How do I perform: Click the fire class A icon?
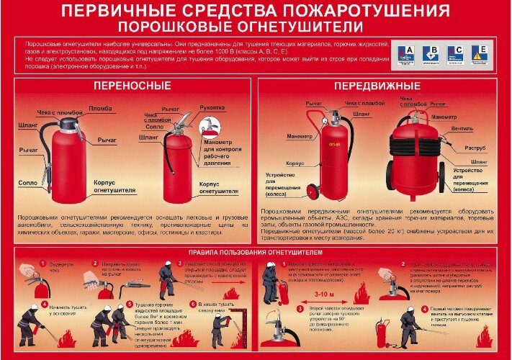(x=408, y=53)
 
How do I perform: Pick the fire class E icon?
(x=479, y=53)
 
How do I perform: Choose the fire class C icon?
(x=455, y=53)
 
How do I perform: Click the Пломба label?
(x=100, y=108)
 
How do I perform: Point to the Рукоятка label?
(x=212, y=108)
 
